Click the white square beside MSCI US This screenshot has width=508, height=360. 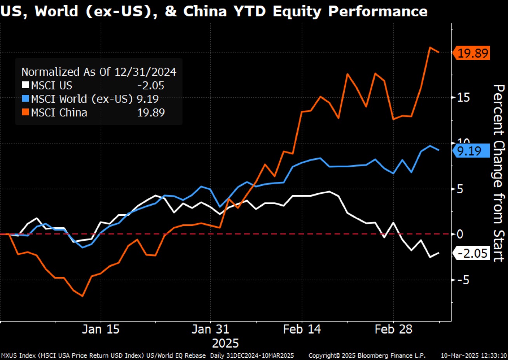[25, 86]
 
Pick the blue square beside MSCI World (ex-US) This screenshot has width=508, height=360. [25, 99]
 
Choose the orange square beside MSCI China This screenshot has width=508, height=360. [25, 113]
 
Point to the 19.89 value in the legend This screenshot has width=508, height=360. [151, 113]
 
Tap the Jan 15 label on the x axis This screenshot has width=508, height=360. [101, 329]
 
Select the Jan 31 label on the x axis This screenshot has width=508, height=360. [210, 329]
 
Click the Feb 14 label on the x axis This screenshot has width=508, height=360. [302, 329]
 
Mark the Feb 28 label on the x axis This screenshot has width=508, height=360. [393, 329]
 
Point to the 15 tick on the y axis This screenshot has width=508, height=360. [463, 97]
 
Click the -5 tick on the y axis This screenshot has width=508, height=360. [461, 280]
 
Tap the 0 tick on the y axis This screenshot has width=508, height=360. [460, 234]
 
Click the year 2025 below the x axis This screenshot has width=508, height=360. [225, 343]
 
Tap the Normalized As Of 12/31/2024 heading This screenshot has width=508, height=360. [99, 72]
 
